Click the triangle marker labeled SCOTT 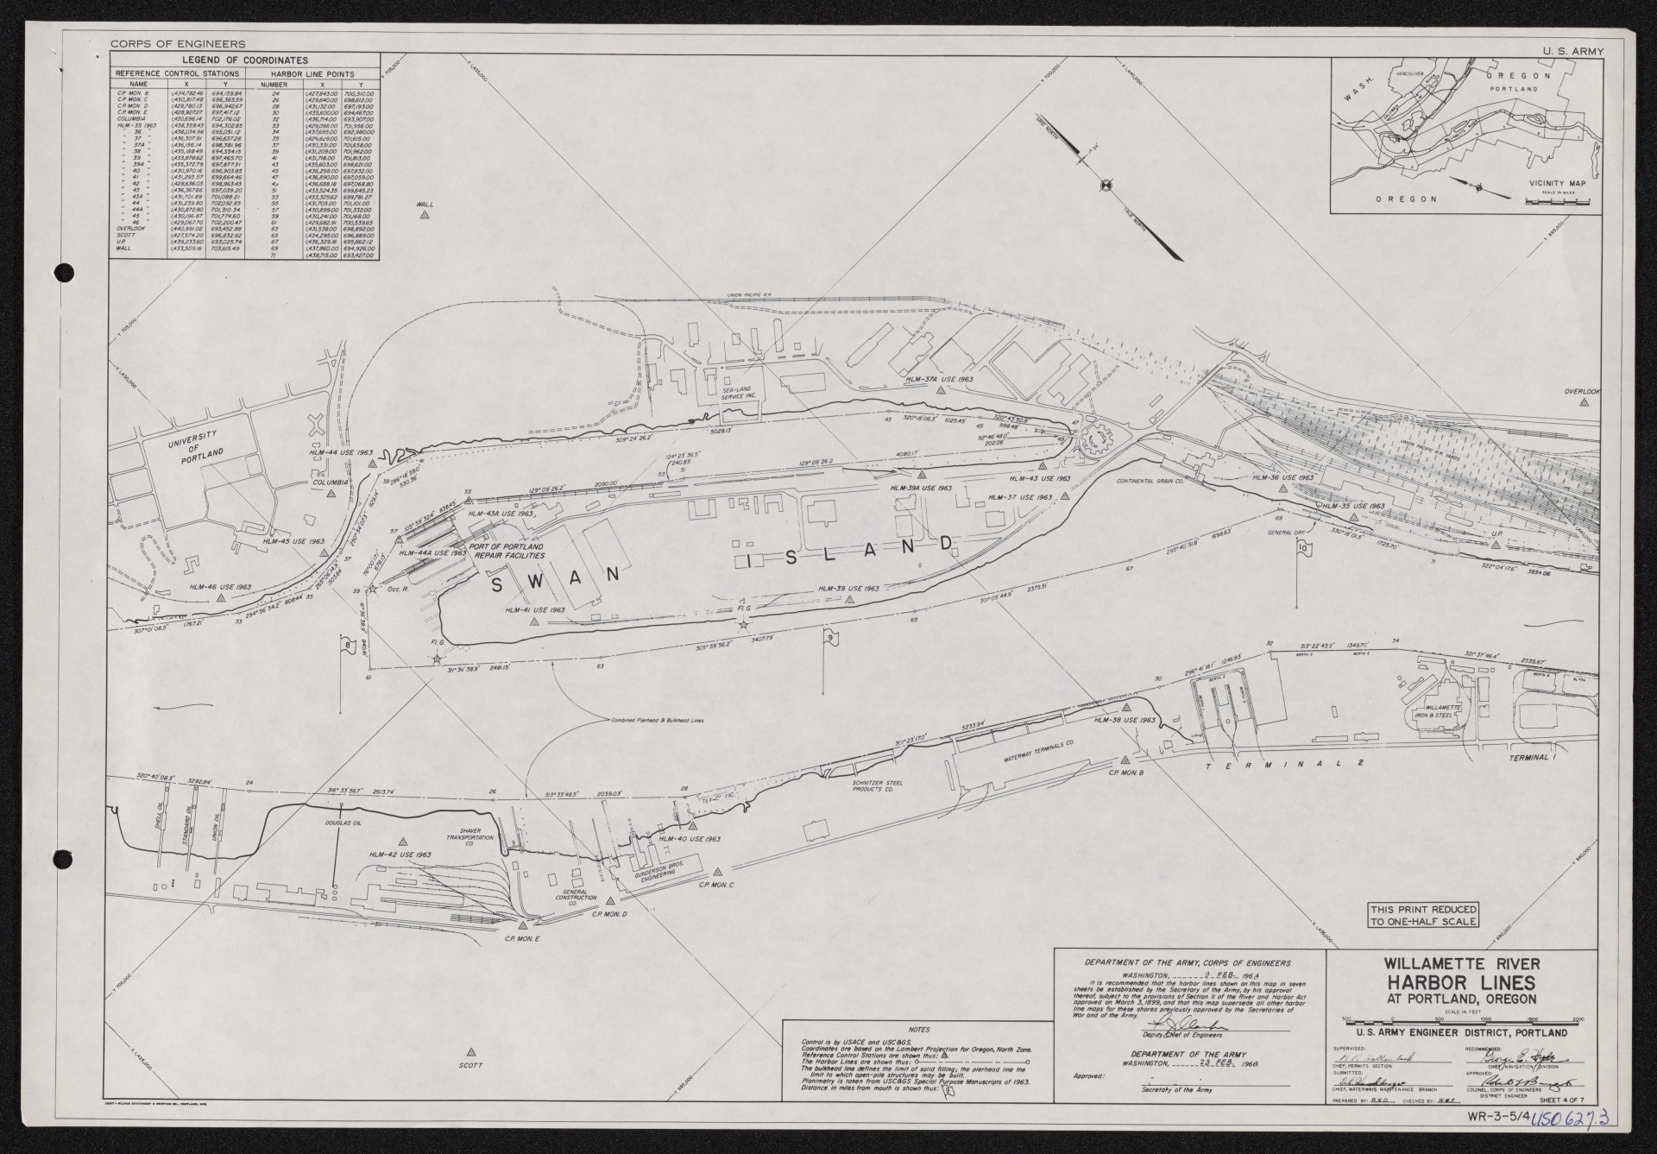pyautogui.click(x=471, y=1052)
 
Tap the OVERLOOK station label pyautogui.click(x=1582, y=392)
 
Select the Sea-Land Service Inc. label pyautogui.click(x=738, y=393)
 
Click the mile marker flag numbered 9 pyautogui.click(x=829, y=638)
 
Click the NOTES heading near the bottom pyautogui.click(x=920, y=1030)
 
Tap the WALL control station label pyautogui.click(x=424, y=205)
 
